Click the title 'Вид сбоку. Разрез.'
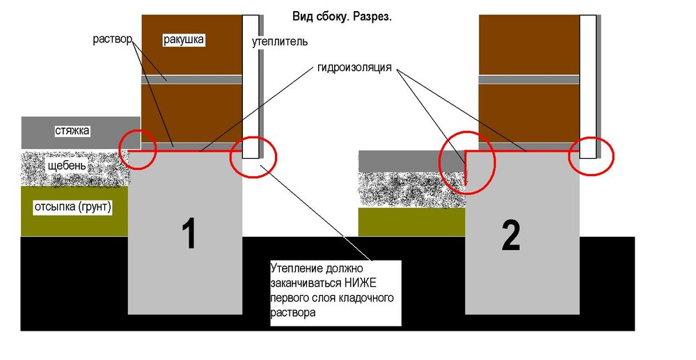(x=342, y=17)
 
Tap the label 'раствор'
(x=113, y=39)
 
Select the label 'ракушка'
(x=183, y=40)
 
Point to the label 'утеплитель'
(x=280, y=42)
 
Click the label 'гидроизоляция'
(x=354, y=68)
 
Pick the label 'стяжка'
(x=72, y=131)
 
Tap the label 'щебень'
(x=68, y=166)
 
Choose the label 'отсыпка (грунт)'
(x=73, y=208)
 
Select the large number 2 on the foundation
(x=510, y=236)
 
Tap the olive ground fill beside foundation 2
(x=411, y=222)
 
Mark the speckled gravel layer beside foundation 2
(x=411, y=189)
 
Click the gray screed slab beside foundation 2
(x=411, y=161)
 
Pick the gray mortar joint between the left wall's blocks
(x=192, y=79)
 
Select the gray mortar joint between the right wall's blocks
(x=529, y=79)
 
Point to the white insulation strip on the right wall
(x=587, y=86)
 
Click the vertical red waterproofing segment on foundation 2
(x=466, y=168)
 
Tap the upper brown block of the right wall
(x=529, y=45)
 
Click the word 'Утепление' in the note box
(x=294, y=269)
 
